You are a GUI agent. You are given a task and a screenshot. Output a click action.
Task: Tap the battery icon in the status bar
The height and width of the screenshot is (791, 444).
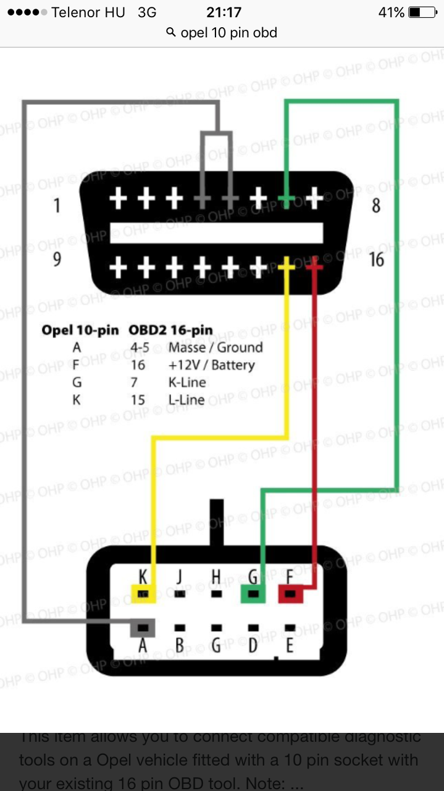(422, 12)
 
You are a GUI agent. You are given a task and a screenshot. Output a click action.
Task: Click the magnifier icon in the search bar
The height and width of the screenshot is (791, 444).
(172, 33)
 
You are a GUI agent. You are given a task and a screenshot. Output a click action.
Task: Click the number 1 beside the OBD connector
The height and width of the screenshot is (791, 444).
(57, 205)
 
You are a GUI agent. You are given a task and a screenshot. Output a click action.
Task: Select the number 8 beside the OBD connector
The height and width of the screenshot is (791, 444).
(376, 205)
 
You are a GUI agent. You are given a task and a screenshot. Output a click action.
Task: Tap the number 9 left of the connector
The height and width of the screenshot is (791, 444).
(57, 260)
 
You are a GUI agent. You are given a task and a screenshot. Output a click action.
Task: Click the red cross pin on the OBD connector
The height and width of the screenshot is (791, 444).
(314, 266)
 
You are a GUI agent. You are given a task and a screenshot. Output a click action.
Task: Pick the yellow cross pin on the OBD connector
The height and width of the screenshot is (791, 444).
(287, 266)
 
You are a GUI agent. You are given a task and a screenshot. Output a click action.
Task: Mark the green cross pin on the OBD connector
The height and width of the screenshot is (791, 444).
(286, 199)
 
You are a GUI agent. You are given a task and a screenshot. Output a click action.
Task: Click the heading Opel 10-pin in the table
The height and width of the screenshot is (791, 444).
(80, 330)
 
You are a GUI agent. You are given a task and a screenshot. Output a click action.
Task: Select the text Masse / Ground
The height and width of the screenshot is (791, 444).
(216, 347)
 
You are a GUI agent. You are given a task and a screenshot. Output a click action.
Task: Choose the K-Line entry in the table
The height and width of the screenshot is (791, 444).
(187, 383)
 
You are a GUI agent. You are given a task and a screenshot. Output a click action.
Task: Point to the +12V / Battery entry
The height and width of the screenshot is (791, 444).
(211, 365)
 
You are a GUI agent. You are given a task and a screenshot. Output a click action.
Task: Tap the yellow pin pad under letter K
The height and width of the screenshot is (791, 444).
(143, 594)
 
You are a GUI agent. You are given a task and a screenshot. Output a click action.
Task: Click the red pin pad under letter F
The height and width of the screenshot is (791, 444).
(290, 594)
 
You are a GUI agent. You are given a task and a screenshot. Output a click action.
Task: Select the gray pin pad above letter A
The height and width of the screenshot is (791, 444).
(143, 628)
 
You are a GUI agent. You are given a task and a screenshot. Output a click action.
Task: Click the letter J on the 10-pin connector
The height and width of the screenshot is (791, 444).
(180, 577)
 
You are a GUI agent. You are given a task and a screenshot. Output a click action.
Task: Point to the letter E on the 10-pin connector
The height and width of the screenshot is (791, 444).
(289, 646)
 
